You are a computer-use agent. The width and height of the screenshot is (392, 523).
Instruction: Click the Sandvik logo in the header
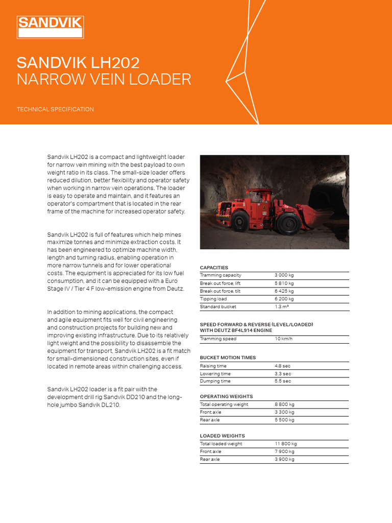50,27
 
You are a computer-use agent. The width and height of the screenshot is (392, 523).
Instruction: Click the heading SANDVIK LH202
78,63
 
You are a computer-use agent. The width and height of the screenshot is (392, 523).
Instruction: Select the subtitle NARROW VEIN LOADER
104,80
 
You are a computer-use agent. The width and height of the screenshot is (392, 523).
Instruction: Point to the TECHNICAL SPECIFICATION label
55,109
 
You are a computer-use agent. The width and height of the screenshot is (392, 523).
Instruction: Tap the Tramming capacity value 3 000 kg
284,275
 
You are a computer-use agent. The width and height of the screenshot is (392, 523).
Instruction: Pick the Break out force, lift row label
220,283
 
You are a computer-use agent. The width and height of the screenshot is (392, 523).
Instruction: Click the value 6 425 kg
284,291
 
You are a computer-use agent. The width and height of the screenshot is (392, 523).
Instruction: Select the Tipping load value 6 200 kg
284,299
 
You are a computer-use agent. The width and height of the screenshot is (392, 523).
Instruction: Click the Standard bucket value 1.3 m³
283,307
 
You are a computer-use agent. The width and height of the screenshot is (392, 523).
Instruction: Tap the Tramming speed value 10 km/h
284,339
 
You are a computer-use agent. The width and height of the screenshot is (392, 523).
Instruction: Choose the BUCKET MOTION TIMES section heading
228,358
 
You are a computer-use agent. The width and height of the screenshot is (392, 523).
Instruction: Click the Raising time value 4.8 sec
283,366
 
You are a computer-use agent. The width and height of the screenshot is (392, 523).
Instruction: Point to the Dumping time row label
215,381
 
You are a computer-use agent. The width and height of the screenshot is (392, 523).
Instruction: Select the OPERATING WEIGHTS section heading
226,396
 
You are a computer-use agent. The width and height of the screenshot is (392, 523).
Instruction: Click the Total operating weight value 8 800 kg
284,405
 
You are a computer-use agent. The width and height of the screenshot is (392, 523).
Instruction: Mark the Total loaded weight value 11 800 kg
285,444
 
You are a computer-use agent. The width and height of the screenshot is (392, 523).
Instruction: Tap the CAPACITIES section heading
214,268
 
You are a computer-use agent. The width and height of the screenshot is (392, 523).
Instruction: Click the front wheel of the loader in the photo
289,224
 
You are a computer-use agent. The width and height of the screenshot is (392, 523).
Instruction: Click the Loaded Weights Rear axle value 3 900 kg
284,459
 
